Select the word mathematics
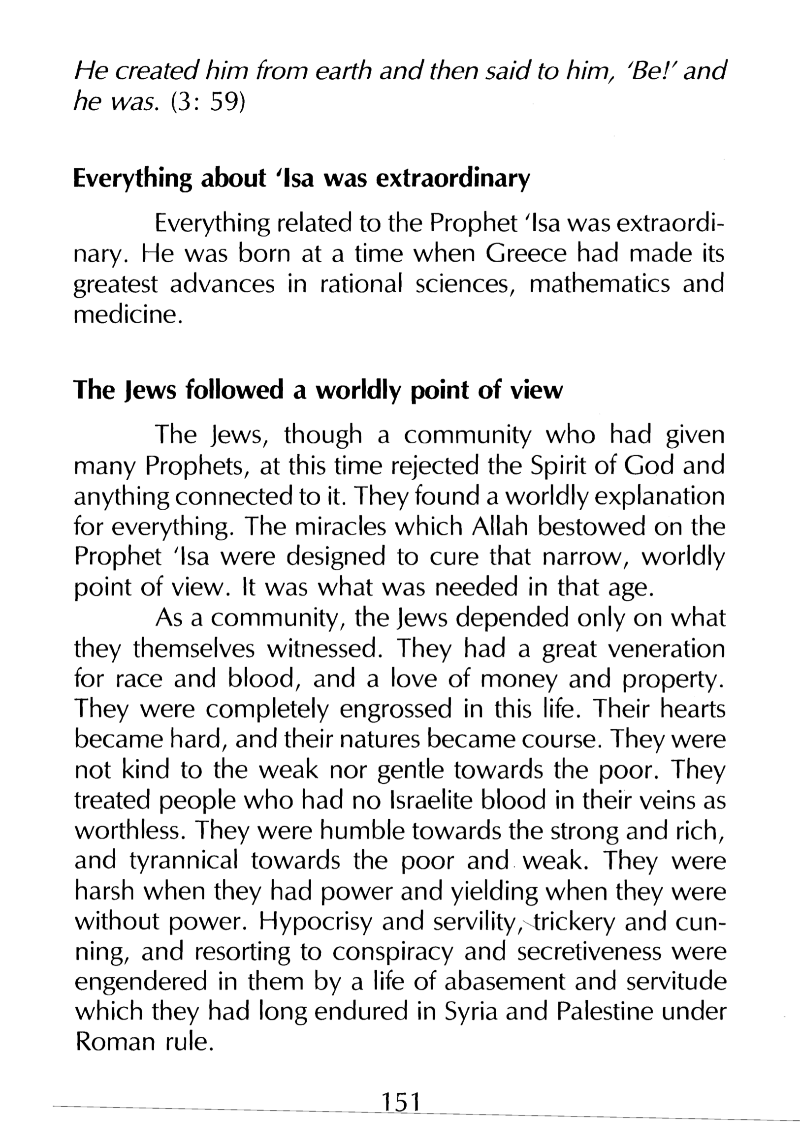point(599,284)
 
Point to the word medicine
point(127,315)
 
